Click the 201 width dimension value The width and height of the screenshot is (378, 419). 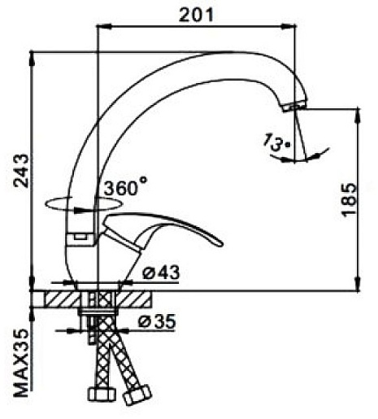pos(196,15)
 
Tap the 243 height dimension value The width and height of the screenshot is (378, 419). pos(21,171)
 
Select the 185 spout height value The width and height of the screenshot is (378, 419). pos(349,200)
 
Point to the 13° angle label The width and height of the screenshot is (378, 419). pos(276,142)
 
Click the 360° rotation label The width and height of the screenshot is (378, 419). pos(125,186)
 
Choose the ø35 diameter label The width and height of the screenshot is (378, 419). pos(157,321)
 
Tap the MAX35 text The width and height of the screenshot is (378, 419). pos(21,363)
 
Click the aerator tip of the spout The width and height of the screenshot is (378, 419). pos(294,106)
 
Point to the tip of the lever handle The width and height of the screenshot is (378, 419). pos(221,243)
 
